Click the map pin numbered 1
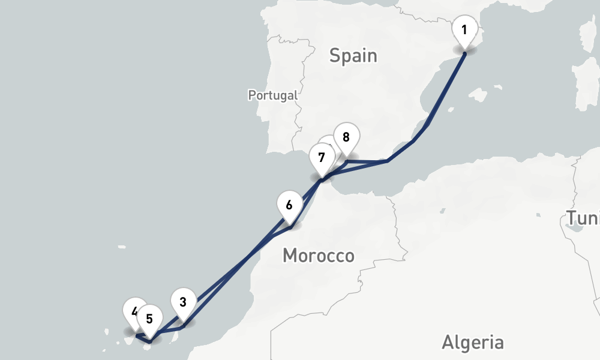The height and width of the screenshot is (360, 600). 464,29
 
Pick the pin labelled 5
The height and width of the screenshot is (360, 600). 149,318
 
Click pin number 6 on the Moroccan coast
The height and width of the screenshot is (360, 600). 289,205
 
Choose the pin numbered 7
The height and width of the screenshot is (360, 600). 322,158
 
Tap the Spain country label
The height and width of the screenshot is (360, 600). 353,56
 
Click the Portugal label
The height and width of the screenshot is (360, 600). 273,95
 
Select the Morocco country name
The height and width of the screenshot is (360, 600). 318,256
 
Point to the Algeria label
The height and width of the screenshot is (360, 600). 473,343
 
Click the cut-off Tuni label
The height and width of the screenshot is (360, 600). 583,218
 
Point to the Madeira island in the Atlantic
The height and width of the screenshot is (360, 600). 122,247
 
